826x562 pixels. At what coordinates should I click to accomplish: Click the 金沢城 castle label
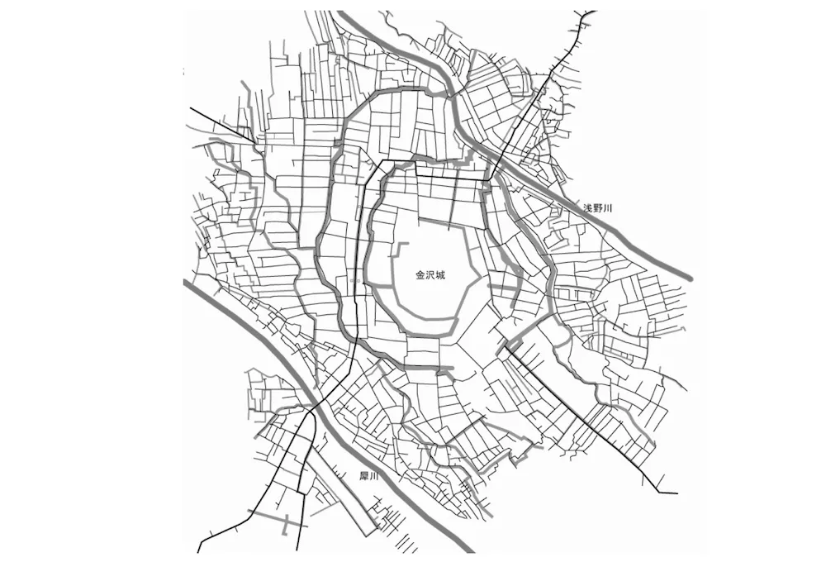tap(430, 275)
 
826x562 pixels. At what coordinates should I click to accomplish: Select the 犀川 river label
tap(368, 477)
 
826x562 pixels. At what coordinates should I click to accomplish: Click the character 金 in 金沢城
tap(420, 275)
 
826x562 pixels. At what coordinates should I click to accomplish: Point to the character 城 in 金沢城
tap(440, 275)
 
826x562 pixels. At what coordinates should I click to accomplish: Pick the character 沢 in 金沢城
tap(430, 275)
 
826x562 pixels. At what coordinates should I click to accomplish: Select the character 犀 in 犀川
tap(363, 477)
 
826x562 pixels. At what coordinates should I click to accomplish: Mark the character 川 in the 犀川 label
tap(373, 477)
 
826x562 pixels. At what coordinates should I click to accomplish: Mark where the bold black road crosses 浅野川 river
tap(495, 160)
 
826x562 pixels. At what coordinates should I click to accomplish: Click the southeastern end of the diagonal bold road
tap(676, 493)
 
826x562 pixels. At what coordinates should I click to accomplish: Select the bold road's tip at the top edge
tap(591, 12)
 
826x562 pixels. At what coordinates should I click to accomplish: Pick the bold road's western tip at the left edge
tap(191, 107)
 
